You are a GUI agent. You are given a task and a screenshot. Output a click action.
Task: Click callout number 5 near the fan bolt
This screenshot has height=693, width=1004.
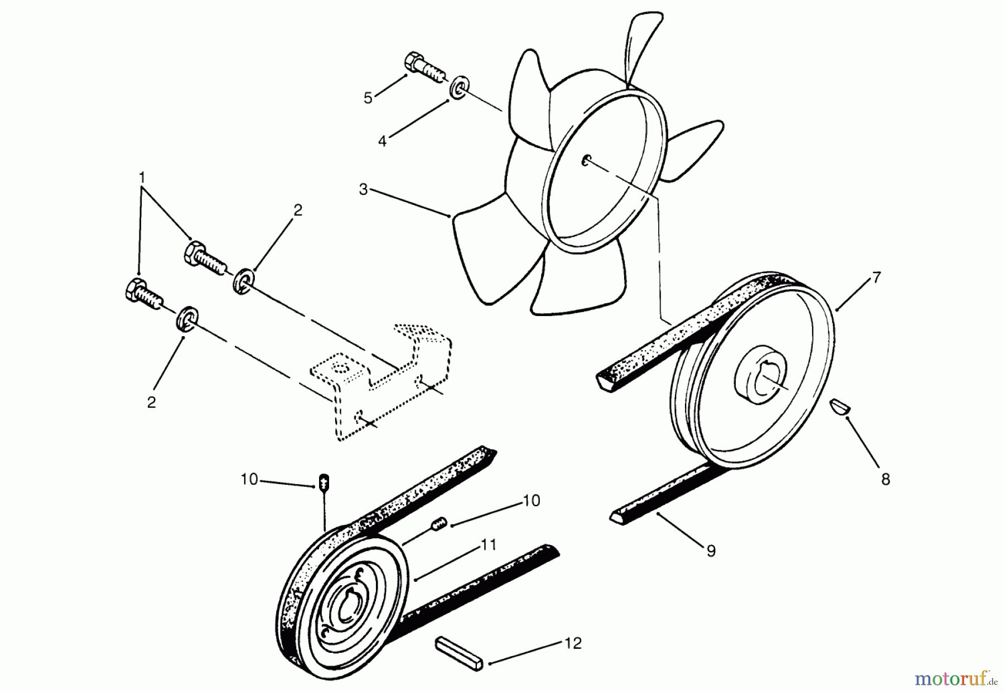[x=368, y=98]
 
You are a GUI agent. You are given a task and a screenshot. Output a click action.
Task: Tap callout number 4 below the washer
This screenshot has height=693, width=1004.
[x=382, y=141]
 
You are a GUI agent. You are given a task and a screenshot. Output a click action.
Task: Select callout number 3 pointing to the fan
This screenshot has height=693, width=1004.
[x=363, y=189]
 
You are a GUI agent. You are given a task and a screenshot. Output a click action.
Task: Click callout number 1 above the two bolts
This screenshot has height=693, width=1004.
[x=142, y=178]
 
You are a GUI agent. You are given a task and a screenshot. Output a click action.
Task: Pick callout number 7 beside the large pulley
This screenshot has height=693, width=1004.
[x=876, y=277]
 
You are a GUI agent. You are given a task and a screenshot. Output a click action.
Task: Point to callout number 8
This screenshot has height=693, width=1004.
[x=885, y=479]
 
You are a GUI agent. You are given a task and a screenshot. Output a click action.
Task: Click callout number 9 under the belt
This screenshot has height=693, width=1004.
[x=711, y=551]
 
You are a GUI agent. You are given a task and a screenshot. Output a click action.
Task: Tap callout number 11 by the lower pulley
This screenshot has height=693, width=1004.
[x=489, y=544]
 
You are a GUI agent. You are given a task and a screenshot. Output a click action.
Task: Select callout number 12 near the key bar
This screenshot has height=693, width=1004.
[x=573, y=643]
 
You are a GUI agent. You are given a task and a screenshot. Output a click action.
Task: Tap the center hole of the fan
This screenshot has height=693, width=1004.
[x=586, y=161]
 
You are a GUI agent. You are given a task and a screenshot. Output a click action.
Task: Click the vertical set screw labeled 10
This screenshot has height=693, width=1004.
[x=325, y=482]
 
